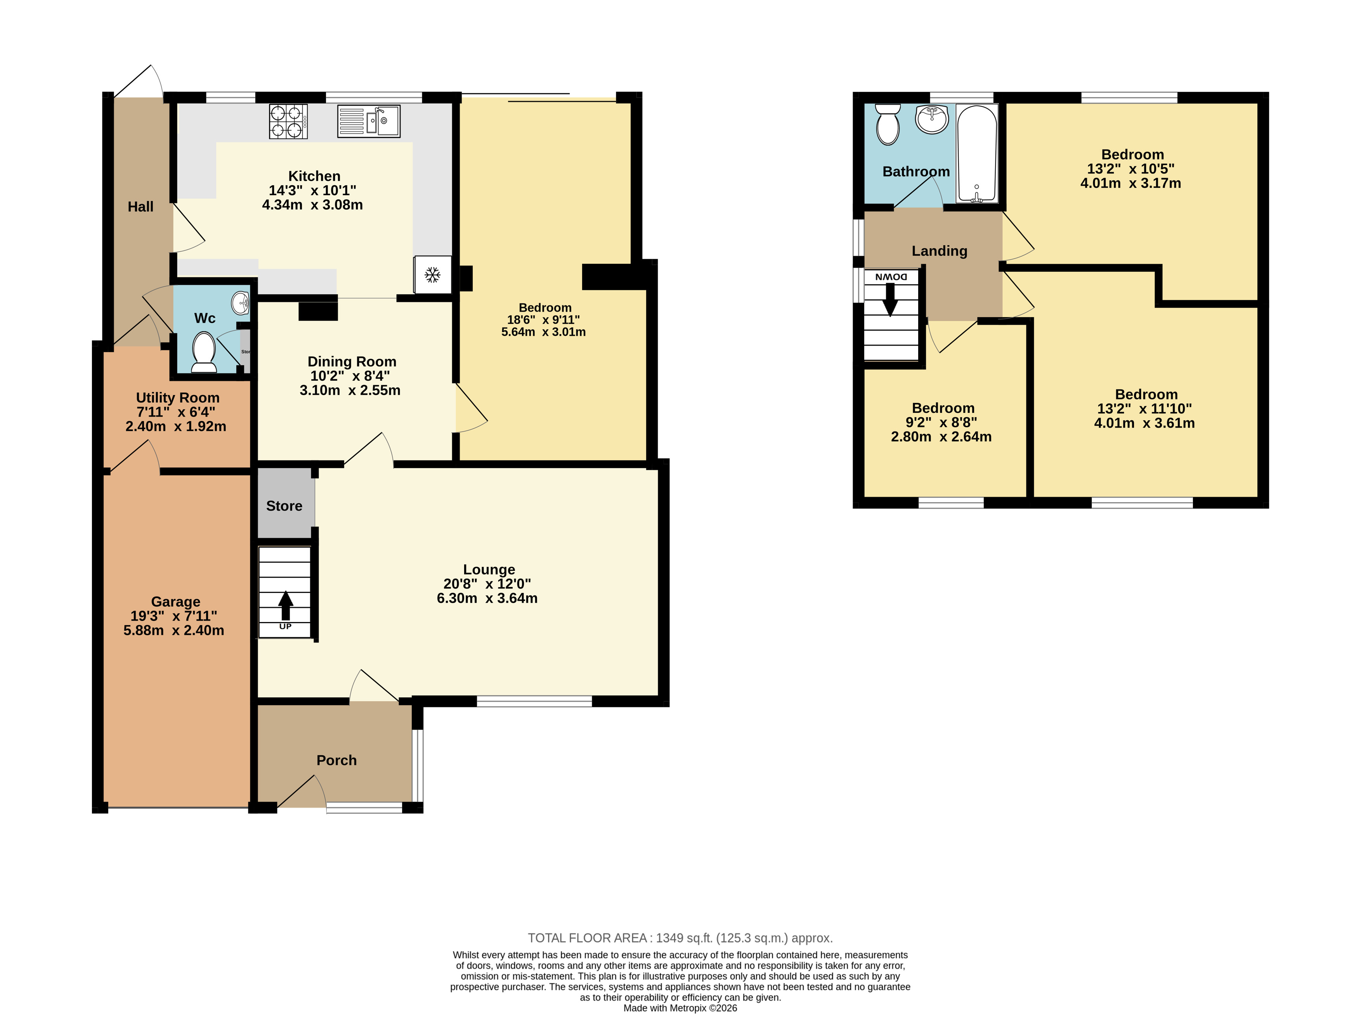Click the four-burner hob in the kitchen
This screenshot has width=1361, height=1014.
tap(288, 121)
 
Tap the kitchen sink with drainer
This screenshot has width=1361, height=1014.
tap(368, 121)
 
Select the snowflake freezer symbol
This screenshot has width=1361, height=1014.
tap(433, 274)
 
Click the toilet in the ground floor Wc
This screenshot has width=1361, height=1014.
tap(204, 352)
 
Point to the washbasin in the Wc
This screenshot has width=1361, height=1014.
tap(241, 302)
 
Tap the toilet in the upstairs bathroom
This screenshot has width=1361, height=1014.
tap(888, 124)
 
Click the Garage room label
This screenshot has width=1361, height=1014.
tap(175, 601)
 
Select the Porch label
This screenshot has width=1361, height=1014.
tap(336, 760)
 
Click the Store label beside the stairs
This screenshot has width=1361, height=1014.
tap(284, 506)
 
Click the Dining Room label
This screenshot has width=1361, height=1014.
tap(352, 362)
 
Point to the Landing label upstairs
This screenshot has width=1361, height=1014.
tap(939, 250)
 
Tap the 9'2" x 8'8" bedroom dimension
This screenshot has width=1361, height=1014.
tap(941, 422)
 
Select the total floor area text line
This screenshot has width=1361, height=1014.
tap(680, 938)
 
